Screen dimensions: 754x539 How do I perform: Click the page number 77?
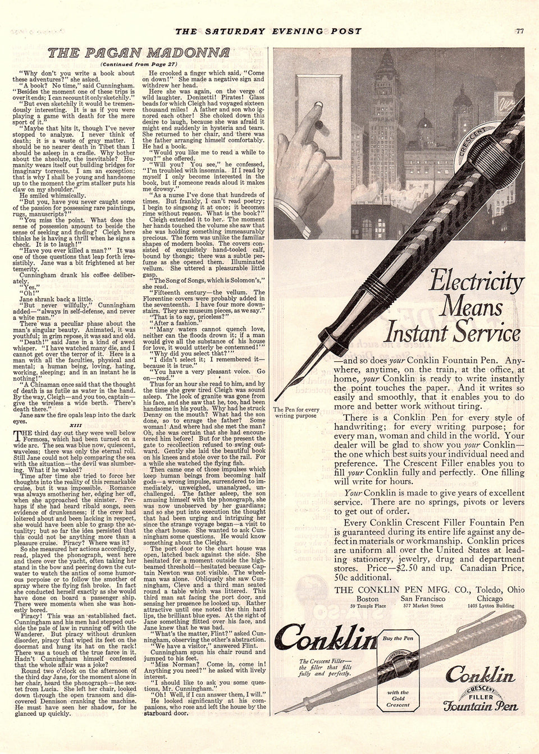[x=520, y=31]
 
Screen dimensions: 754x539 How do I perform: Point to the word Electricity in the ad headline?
[x=477, y=282]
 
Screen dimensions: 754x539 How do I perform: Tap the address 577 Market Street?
[x=431, y=607]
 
